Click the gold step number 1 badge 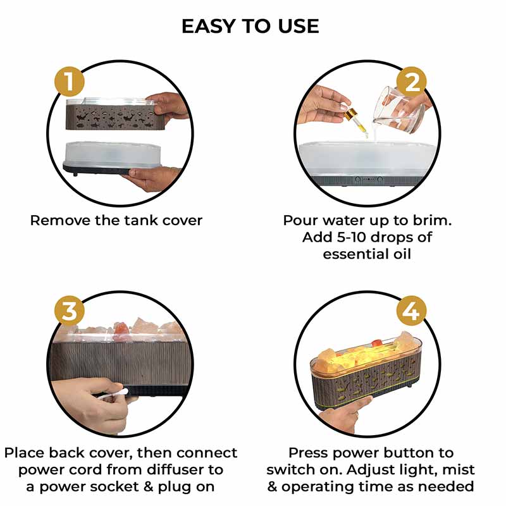70,82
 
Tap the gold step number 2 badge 411,82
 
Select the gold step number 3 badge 70,311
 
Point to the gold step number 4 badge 411,311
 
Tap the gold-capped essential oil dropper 354,120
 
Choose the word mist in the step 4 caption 459,470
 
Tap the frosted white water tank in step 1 112,154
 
